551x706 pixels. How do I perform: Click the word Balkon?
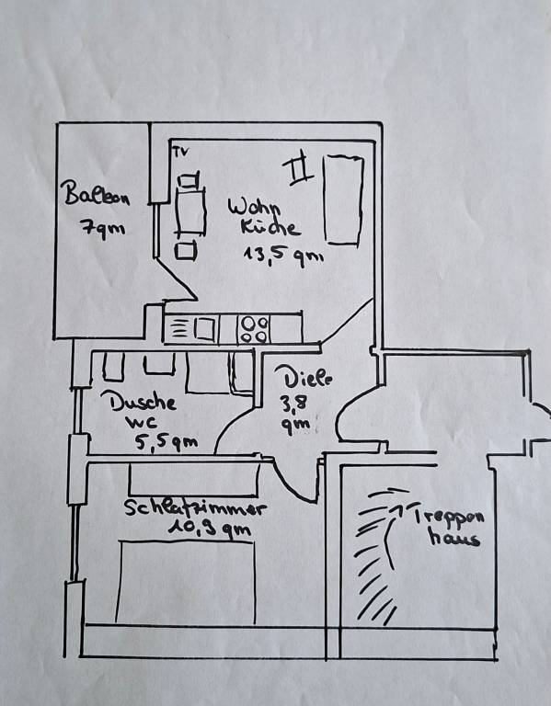pyautogui.click(x=97, y=194)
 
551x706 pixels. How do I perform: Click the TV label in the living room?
pyautogui.click(x=181, y=153)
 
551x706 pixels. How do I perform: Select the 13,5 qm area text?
pyautogui.click(x=283, y=256)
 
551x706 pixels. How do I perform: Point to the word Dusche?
pyautogui.click(x=138, y=400)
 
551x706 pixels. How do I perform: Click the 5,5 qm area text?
pyautogui.click(x=166, y=443)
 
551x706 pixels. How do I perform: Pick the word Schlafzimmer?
pyautogui.click(x=195, y=507)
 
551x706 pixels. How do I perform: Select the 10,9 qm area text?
pyautogui.click(x=209, y=528)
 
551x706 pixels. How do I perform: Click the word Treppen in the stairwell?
pyautogui.click(x=449, y=516)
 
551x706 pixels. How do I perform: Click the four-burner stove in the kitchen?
pyautogui.click(x=255, y=330)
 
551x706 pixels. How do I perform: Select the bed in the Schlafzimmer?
pyautogui.click(x=186, y=582)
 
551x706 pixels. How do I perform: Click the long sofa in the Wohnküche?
pyautogui.click(x=344, y=199)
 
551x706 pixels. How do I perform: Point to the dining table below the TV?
pyautogui.click(x=190, y=211)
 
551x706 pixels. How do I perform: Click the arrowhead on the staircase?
pyautogui.click(x=397, y=508)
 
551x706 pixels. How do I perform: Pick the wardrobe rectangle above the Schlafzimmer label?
pyautogui.click(x=194, y=480)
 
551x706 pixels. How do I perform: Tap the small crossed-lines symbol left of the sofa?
pyautogui.click(x=298, y=167)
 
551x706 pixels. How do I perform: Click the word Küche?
pyautogui.click(x=270, y=227)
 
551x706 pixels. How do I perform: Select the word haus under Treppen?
pyautogui.click(x=453, y=537)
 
